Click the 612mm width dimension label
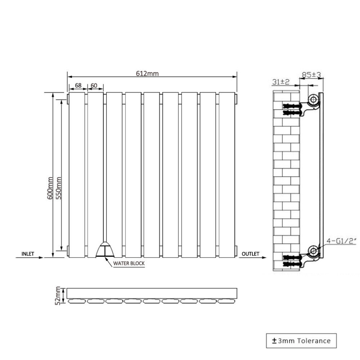click(147, 73)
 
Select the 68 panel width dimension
click(78, 85)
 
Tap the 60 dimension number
click(94, 85)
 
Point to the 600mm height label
click(50, 188)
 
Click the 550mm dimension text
click(59, 188)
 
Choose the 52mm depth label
click(58, 296)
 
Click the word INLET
click(28, 254)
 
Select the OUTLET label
click(251, 254)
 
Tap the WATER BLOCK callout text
click(129, 263)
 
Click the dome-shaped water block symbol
click(105, 249)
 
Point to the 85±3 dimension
click(311, 75)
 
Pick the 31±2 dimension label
click(281, 82)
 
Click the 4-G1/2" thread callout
click(341, 241)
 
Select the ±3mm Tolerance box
click(301, 341)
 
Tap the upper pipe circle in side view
click(313, 100)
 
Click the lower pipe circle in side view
click(313, 251)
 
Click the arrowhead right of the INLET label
click(41, 257)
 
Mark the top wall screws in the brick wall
click(291, 109)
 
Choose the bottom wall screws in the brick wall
click(291, 261)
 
